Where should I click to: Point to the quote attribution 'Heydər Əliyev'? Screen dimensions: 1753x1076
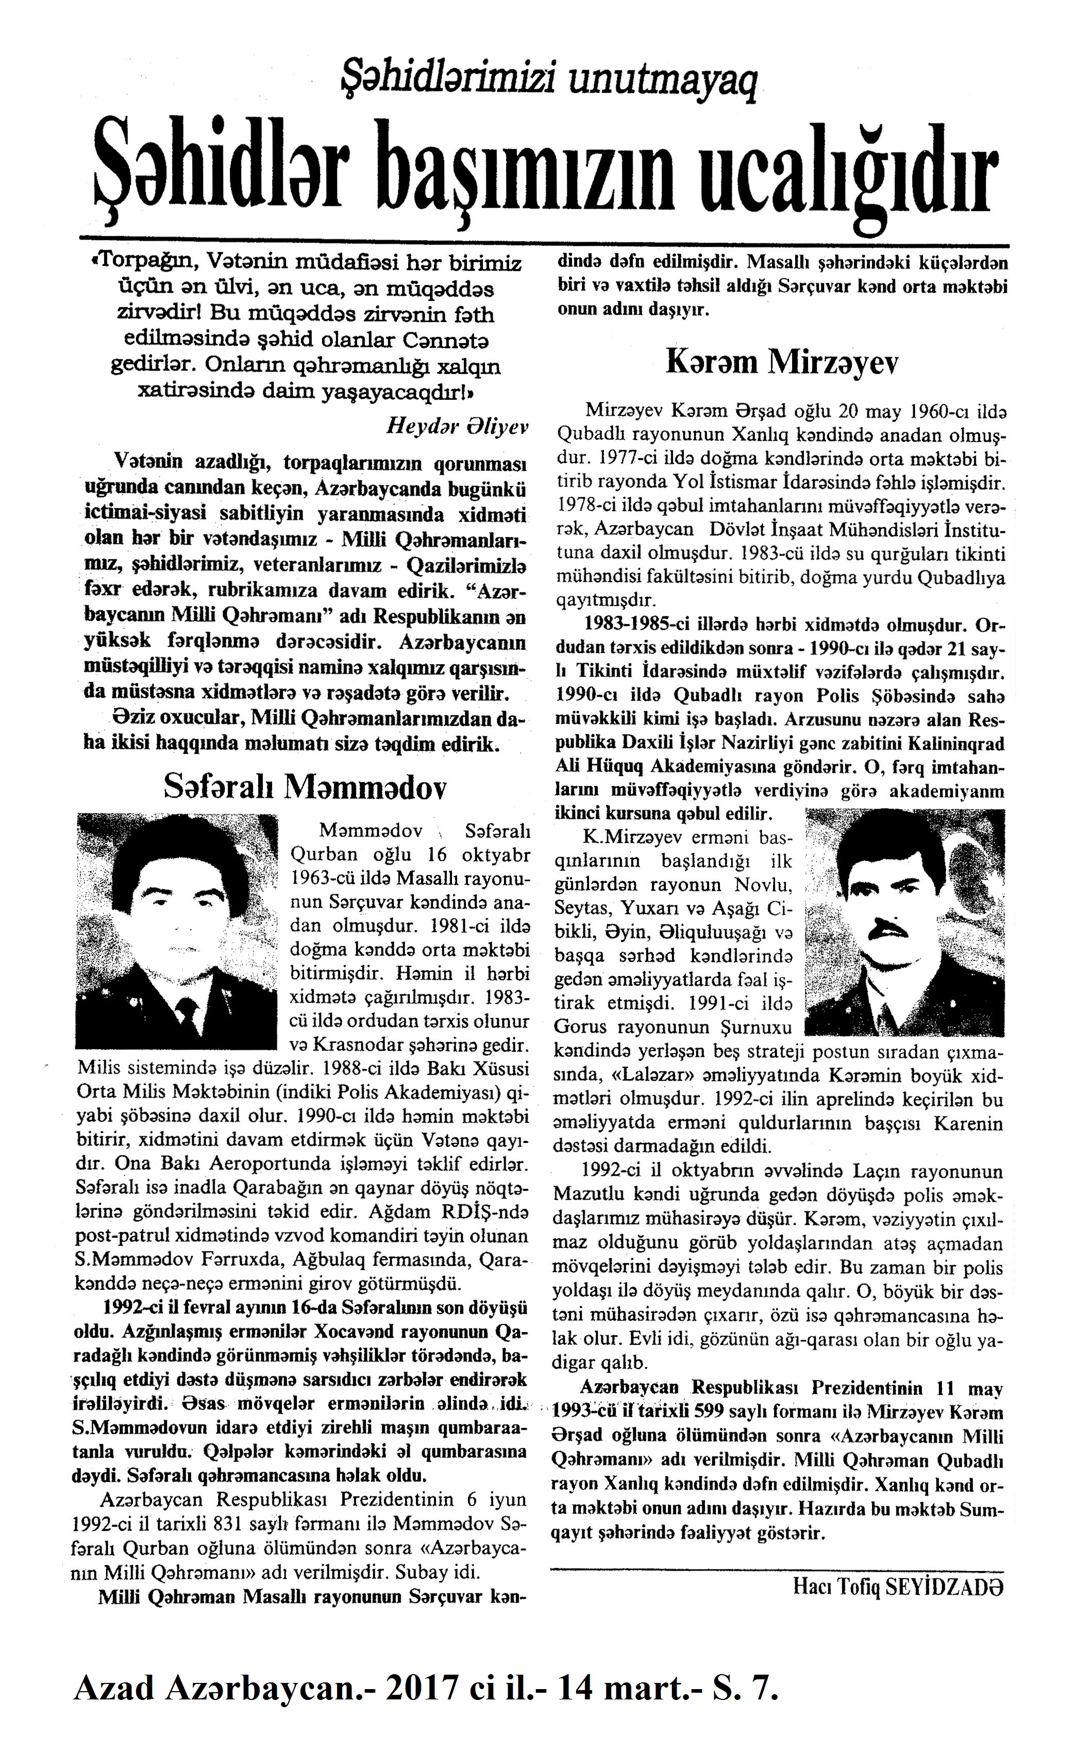coord(456,426)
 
